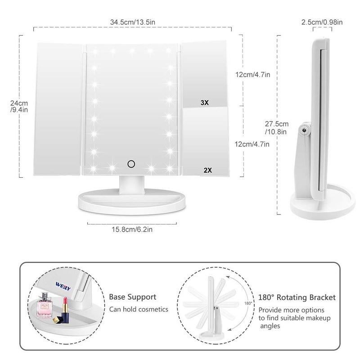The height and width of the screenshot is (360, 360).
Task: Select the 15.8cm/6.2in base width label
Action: click(132, 229)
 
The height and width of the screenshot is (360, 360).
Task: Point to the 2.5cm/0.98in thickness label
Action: click(322, 22)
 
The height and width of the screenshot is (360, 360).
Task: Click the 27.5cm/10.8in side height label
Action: click(276, 127)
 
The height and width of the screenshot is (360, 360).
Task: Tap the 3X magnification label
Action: click(205, 103)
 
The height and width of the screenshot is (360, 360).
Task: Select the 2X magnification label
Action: click(207, 170)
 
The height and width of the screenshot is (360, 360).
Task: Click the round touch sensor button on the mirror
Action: click(132, 163)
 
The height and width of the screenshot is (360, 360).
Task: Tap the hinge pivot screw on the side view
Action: click(305, 130)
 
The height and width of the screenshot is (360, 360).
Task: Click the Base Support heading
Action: click(133, 297)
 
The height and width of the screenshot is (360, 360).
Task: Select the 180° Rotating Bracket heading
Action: click(297, 297)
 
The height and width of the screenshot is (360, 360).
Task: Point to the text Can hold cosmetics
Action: click(139, 309)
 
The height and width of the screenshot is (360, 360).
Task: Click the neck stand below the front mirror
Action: click(132, 183)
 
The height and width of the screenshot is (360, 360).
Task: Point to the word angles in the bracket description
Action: click(269, 326)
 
